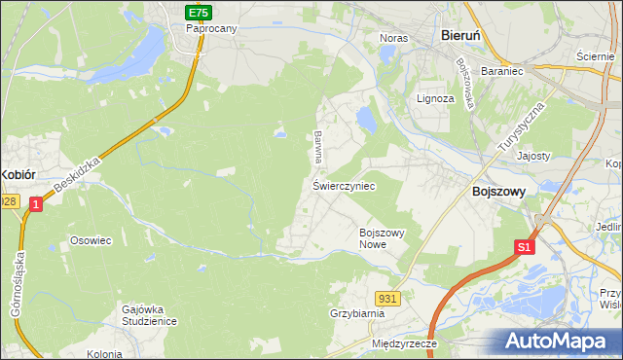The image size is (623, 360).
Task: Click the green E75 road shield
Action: click(200, 12)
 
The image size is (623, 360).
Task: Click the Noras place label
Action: click(393, 38)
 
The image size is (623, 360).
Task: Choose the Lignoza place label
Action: click(435, 99)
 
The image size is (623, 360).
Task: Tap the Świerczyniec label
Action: click(344, 185)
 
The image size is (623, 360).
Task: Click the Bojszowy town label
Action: click(498, 193)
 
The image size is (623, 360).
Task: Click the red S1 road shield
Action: click(524, 247)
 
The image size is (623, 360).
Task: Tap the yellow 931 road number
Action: click(387, 297)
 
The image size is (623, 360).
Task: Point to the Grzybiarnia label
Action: click(357, 314)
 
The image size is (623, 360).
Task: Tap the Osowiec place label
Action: click(87, 238)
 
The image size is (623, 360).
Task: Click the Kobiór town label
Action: click(18, 174)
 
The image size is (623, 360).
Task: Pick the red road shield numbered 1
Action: click(35, 204)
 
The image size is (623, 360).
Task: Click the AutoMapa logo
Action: click(559, 341)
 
